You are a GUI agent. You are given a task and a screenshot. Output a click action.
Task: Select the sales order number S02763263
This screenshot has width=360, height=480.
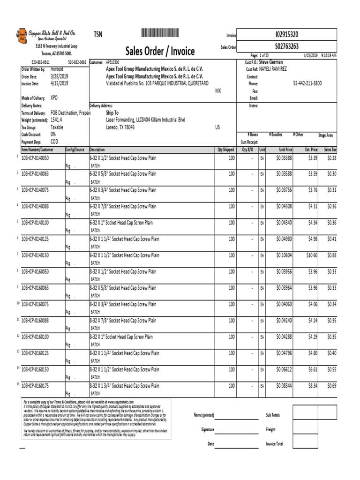click(287, 46)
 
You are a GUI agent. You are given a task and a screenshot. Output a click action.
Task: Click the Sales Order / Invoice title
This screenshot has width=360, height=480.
click(160, 51)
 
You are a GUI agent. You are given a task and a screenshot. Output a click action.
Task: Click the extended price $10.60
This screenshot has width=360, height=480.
click(311, 255)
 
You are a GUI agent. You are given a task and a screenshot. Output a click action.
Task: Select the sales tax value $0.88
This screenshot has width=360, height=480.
click(331, 255)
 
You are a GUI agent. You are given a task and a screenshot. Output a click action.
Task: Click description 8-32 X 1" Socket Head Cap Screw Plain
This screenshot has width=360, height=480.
click(121, 337)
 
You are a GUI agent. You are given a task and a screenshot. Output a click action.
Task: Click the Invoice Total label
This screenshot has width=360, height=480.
click(274, 444)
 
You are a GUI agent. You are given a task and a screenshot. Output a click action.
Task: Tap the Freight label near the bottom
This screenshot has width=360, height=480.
click(270, 429)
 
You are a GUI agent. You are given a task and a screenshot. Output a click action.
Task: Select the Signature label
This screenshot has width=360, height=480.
click(208, 429)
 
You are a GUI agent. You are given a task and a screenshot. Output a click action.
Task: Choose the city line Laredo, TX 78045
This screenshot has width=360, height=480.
click(120, 127)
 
